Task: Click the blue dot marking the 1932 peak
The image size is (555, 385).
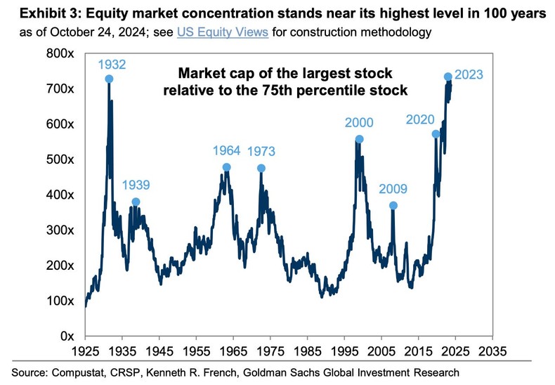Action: [x=109, y=79]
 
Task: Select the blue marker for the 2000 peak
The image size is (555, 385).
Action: [x=360, y=139]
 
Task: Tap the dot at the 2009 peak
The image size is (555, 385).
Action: [x=393, y=205]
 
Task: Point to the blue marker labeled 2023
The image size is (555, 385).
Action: [x=448, y=77]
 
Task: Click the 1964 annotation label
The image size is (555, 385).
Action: [x=227, y=150]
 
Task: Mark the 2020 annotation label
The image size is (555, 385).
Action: [x=421, y=119]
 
